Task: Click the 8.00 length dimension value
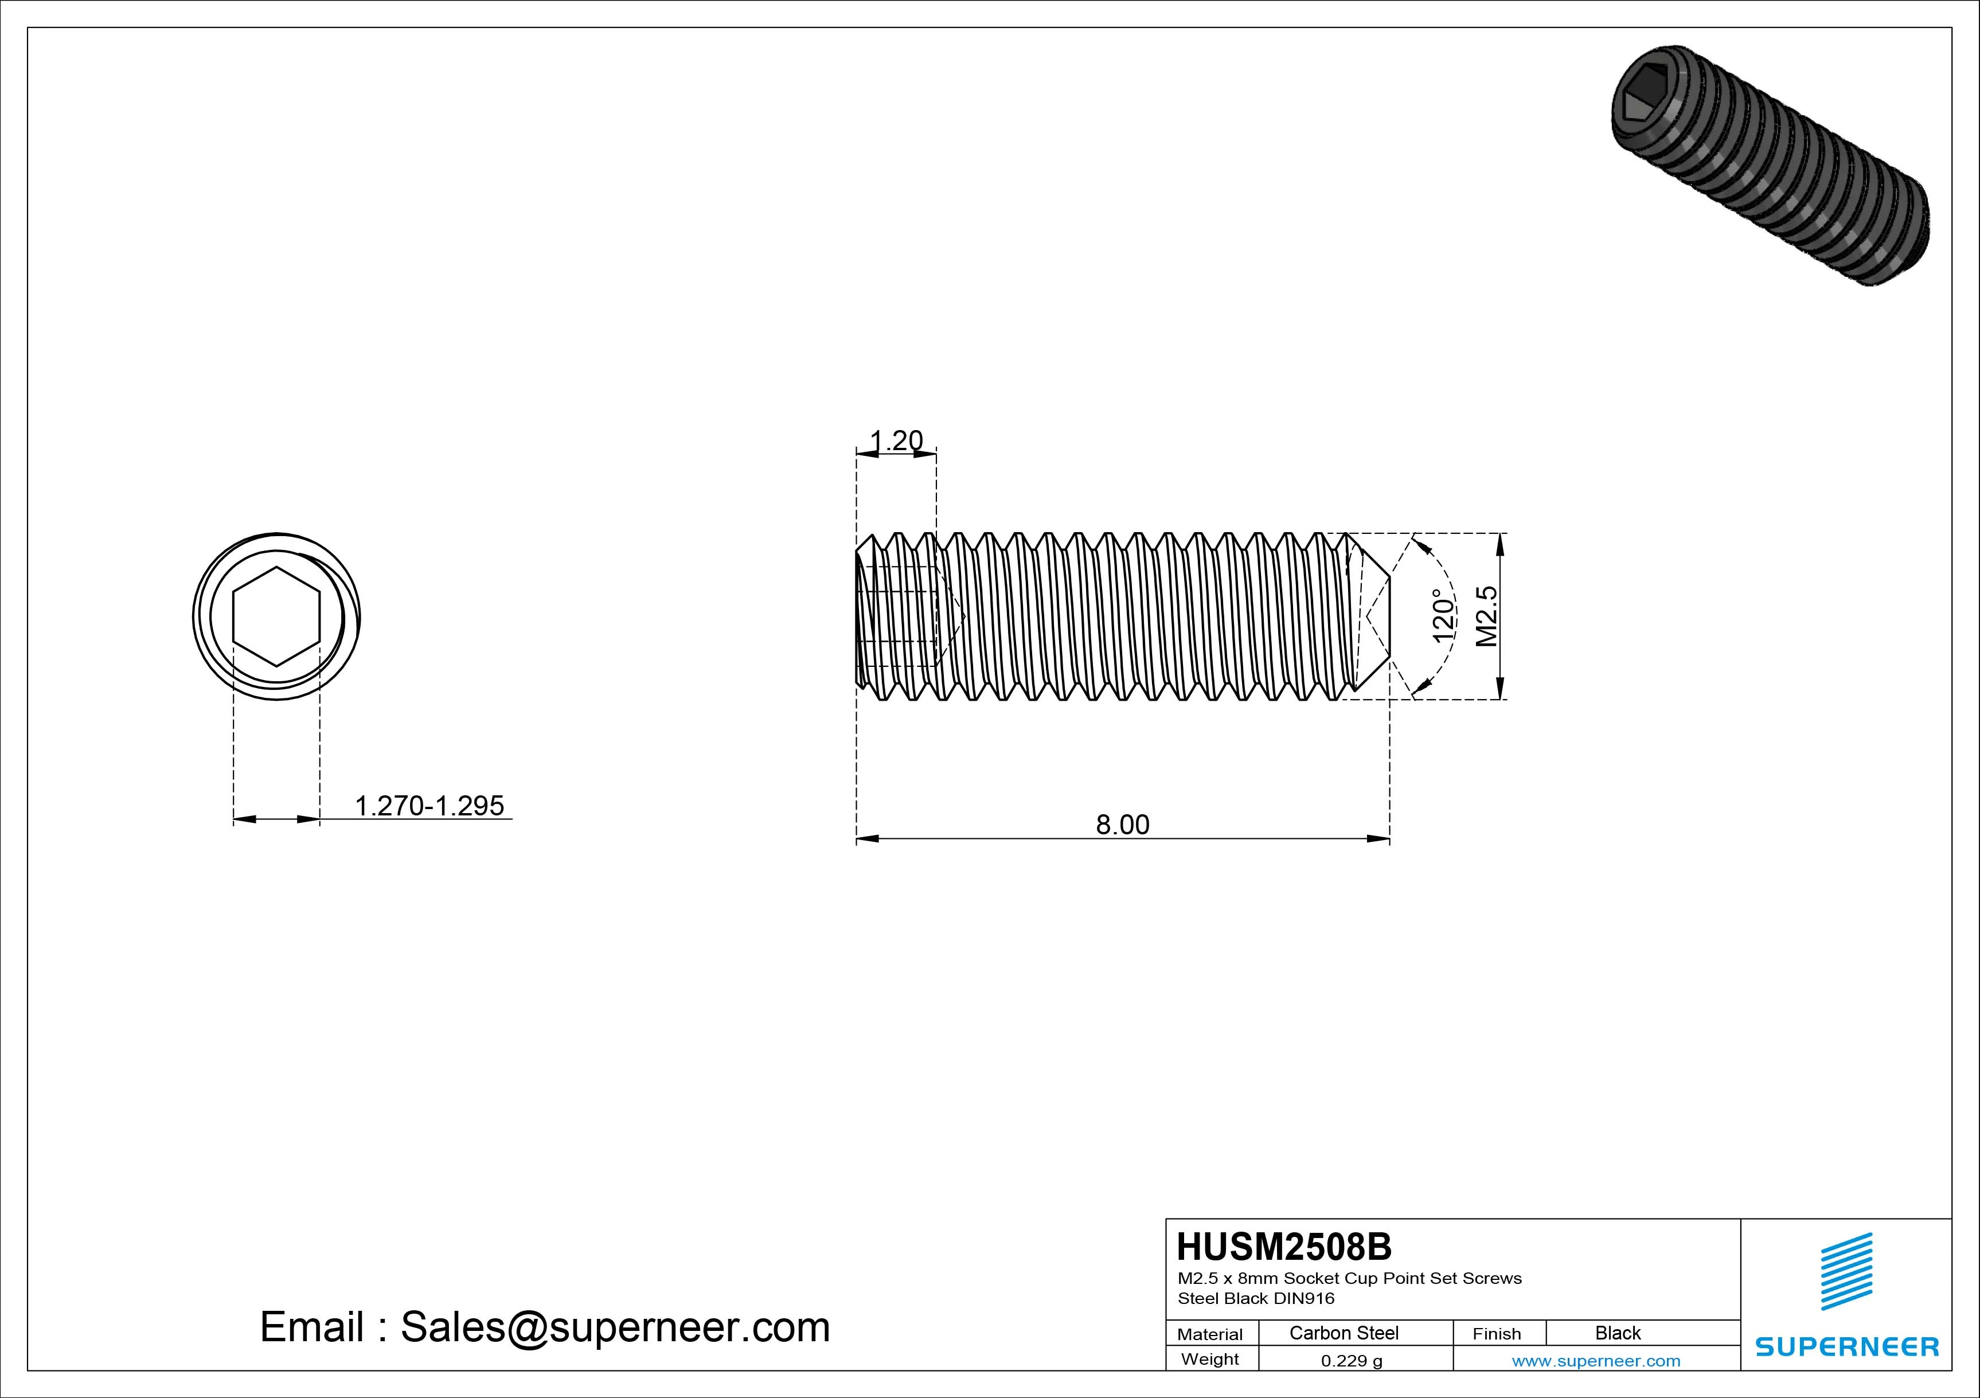[1122, 825]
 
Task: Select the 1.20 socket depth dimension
[896, 441]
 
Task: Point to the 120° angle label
[1442, 616]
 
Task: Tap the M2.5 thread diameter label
[1487, 616]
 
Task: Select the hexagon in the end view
[276, 616]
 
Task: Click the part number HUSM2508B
[1284, 1247]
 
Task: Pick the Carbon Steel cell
[1344, 1333]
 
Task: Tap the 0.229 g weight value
[1352, 1361]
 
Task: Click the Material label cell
[1210, 1334]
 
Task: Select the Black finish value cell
[1618, 1333]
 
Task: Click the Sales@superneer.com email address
[615, 1327]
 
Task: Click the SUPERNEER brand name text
[1846, 1346]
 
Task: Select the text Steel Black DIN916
[1256, 1298]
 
